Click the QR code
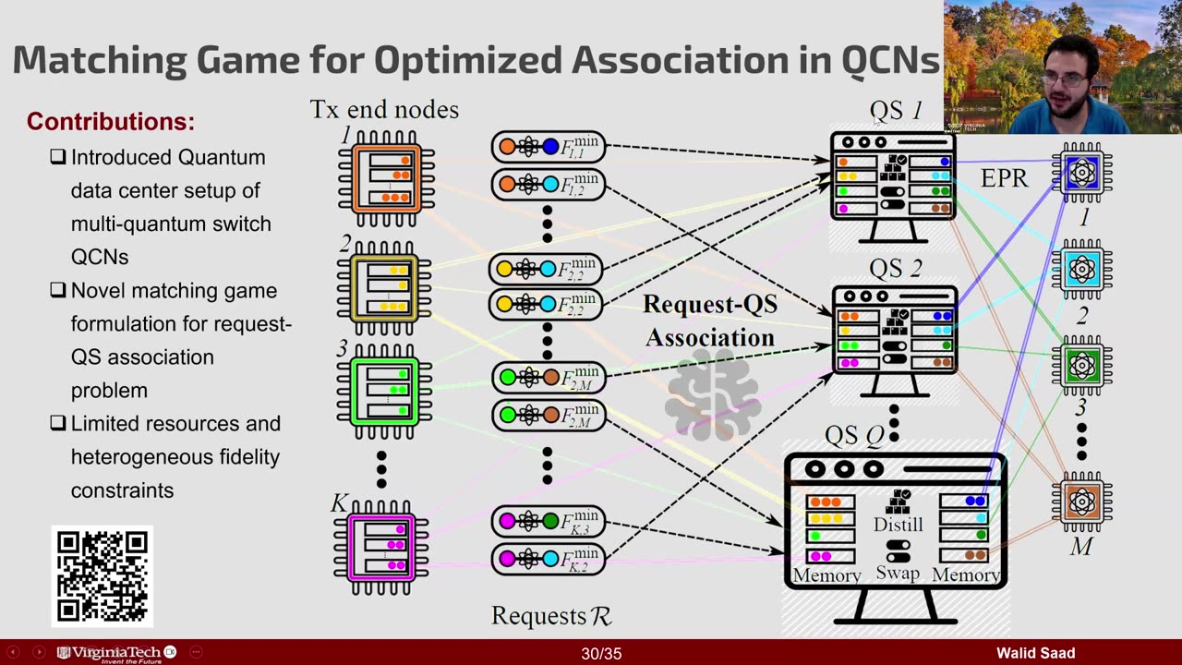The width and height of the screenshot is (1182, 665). pyautogui.click(x=102, y=575)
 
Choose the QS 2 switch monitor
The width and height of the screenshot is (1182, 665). pyautogui.click(x=894, y=335)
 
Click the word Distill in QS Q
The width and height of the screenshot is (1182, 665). pyautogui.click(x=898, y=525)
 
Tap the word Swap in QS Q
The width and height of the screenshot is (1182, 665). pyautogui.click(x=898, y=573)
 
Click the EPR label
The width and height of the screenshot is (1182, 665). pyautogui.click(x=1004, y=178)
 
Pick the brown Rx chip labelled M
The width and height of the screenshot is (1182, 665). pyautogui.click(x=1081, y=502)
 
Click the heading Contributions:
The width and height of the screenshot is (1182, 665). pyautogui.click(x=111, y=121)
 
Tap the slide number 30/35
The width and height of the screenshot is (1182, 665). pyautogui.click(x=601, y=654)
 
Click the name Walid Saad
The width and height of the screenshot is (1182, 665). pyautogui.click(x=1035, y=654)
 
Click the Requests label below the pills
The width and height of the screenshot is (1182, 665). pyautogui.click(x=551, y=615)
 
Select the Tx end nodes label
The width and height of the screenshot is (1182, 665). pyautogui.click(x=384, y=110)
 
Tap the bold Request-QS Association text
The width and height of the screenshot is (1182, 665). pyautogui.click(x=709, y=320)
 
